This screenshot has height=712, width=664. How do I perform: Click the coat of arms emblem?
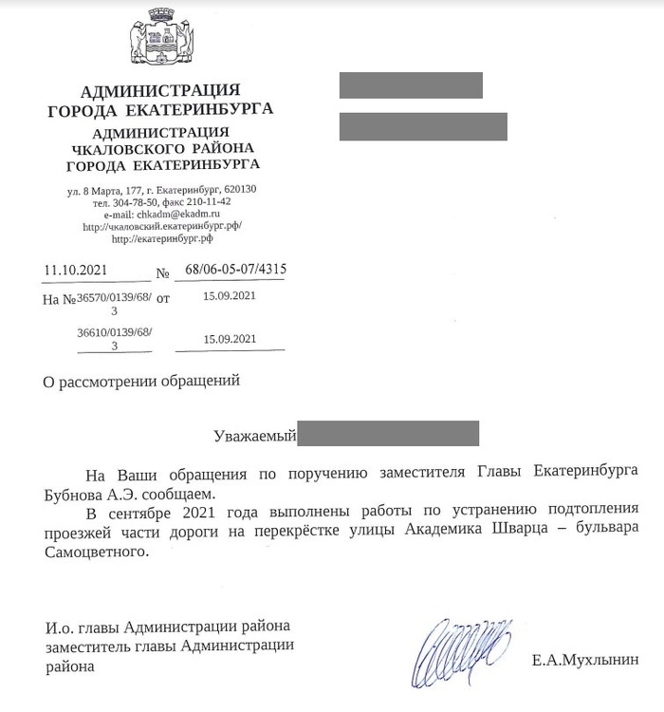click(x=160, y=38)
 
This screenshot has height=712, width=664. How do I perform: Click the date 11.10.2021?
click(x=76, y=271)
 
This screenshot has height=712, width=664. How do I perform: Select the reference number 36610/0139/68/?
click(x=114, y=333)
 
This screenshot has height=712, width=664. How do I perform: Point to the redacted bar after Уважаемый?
click(x=389, y=435)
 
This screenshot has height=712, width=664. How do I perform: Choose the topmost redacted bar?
click(x=411, y=85)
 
